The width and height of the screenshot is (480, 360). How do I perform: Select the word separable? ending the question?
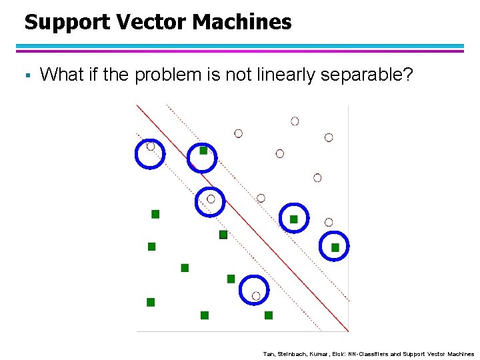[367, 75]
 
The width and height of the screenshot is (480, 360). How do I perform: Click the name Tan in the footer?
[269, 354]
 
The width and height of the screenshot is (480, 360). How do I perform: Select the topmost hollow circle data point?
[295, 121]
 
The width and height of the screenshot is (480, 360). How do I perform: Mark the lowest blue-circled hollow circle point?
[256, 295]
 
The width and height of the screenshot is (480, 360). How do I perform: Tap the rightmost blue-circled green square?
[335, 247]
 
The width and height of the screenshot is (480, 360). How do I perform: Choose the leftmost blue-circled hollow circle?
[151, 146]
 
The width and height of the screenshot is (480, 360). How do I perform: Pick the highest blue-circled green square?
[203, 151]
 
